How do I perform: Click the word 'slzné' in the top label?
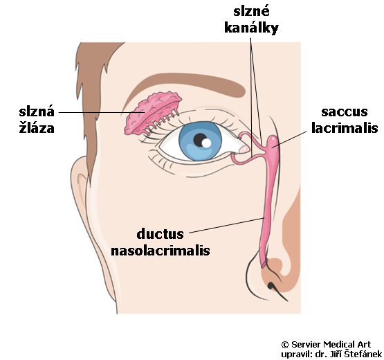(x=251, y=11)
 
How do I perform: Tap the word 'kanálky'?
(x=251, y=28)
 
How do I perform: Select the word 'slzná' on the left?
(x=37, y=111)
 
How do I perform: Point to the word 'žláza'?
(x=37, y=128)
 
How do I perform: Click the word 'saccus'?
(x=345, y=112)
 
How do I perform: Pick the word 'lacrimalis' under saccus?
(x=345, y=127)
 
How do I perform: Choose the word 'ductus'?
(x=160, y=234)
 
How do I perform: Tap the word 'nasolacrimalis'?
(x=161, y=251)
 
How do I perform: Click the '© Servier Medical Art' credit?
(x=326, y=345)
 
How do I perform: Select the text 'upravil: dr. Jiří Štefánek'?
(x=331, y=354)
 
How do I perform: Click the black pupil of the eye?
(x=199, y=139)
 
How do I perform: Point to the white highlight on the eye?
(x=206, y=143)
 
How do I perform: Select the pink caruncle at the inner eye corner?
(x=244, y=149)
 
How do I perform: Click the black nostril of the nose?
(x=271, y=285)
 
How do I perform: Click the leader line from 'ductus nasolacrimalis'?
(x=226, y=225)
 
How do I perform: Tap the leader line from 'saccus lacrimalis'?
(x=289, y=139)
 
